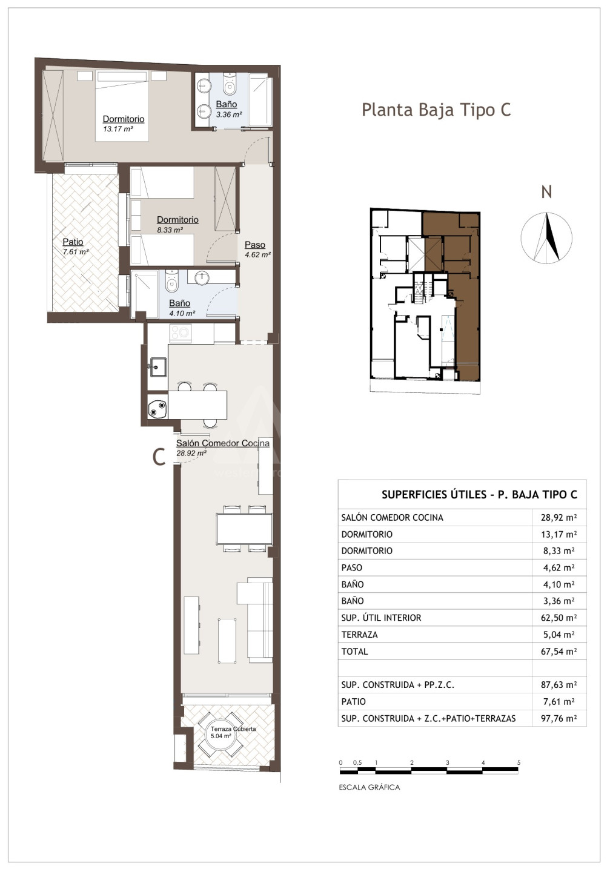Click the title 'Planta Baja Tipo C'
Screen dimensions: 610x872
pos(436,110)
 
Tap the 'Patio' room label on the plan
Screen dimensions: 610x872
pos(73,242)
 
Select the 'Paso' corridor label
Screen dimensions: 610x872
pos(255,245)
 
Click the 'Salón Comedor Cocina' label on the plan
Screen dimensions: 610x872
pos(223,443)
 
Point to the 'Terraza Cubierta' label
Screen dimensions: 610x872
pos(233,728)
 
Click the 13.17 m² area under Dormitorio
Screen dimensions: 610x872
pos(118,129)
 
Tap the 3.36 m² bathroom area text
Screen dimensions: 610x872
pos(229,114)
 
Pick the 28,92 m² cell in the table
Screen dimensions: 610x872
pos(559,517)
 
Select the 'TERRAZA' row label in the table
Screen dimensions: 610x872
pos(360,635)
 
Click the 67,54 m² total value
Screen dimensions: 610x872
pos(559,652)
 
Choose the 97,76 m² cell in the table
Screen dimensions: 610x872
pos(559,718)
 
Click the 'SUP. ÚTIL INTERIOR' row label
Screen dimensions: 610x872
pos(381,618)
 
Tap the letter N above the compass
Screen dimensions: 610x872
pos(546,192)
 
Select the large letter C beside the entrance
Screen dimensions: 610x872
pos(159,457)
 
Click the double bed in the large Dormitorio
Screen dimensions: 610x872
pos(122,106)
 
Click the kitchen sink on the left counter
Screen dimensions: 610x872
pos(158,367)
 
